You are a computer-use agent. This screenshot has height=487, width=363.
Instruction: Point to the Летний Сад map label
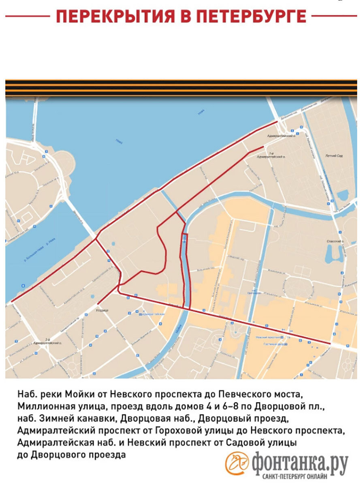tap(333, 156)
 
